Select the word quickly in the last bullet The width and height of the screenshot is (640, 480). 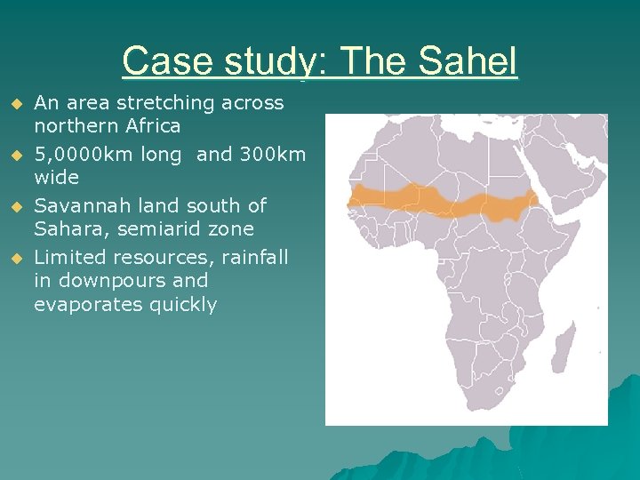coord(182,305)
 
